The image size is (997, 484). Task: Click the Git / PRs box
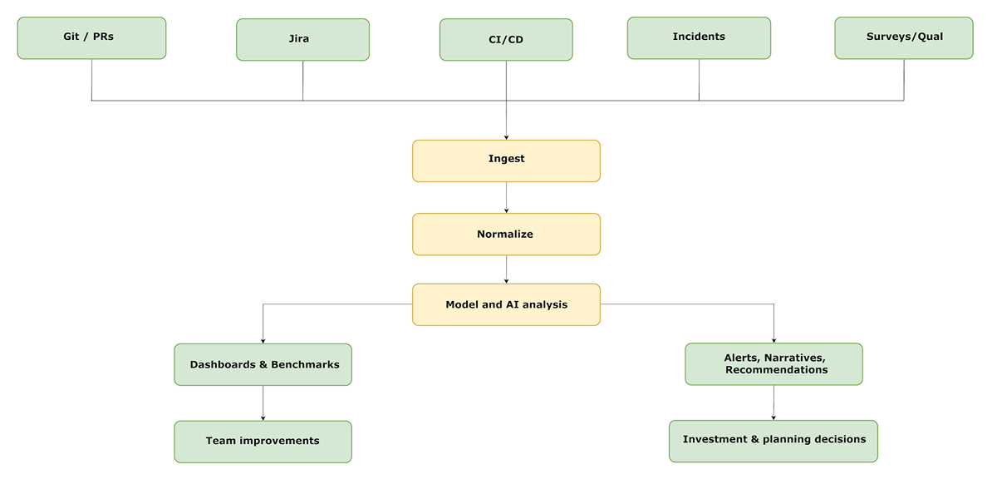[x=91, y=38]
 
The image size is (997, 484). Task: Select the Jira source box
[x=302, y=40]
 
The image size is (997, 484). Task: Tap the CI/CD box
[x=506, y=40]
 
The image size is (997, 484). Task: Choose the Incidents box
[x=699, y=38]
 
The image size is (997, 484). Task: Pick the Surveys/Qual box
[x=904, y=38]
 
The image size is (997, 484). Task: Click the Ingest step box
[x=506, y=161]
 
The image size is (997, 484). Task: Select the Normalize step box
[x=506, y=235]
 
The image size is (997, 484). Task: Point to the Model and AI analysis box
[x=506, y=304]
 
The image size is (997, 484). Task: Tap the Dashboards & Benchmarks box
[x=263, y=364]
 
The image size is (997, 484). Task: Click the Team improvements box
[x=263, y=441]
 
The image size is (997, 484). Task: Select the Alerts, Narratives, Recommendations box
[x=774, y=364]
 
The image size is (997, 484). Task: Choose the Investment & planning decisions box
[x=774, y=440]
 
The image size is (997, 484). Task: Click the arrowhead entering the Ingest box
[x=506, y=136]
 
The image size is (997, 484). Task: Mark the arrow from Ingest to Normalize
[x=506, y=198]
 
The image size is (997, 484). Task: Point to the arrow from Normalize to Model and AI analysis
[x=506, y=269]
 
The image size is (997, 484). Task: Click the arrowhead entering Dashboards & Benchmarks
[x=263, y=340]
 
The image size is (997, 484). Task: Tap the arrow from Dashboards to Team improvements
[x=263, y=403]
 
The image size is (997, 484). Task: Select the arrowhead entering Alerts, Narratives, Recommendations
[x=774, y=339]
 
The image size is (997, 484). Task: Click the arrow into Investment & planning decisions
[x=774, y=403]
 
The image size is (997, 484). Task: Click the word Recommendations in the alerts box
[x=776, y=370]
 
